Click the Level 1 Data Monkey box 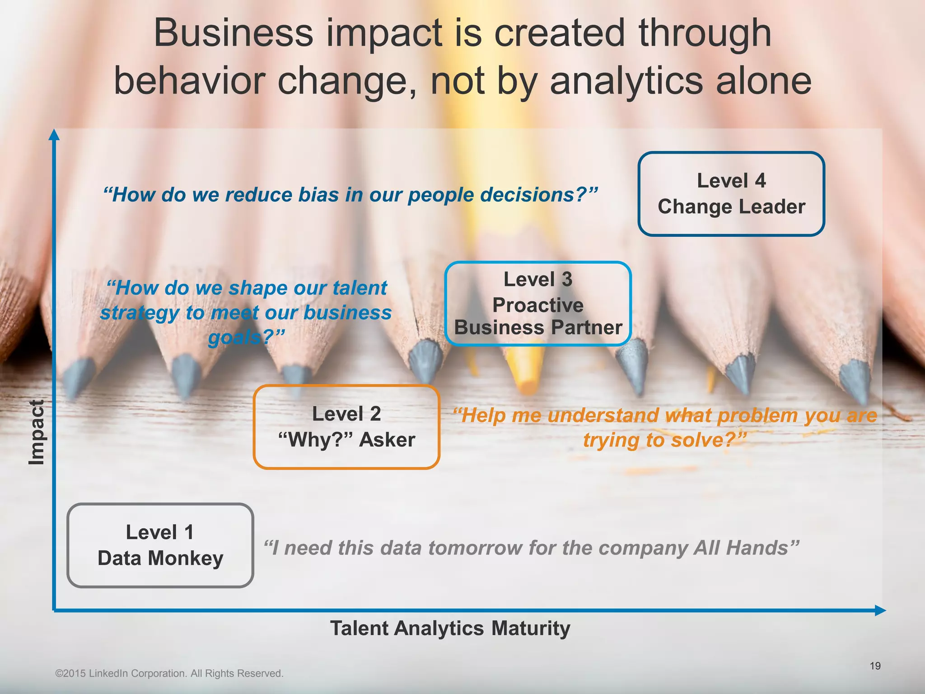tap(160, 545)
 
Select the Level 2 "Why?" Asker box tap(346, 427)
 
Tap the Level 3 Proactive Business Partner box tap(538, 304)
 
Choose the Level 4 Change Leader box tap(731, 194)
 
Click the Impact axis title tap(37, 432)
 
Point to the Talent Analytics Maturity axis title tap(450, 628)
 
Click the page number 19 tap(875, 666)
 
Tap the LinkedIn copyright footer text tap(169, 673)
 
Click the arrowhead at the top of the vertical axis tap(54, 135)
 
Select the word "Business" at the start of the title tap(234, 33)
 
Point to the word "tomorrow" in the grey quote tap(475, 548)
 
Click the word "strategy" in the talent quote tap(140, 313)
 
